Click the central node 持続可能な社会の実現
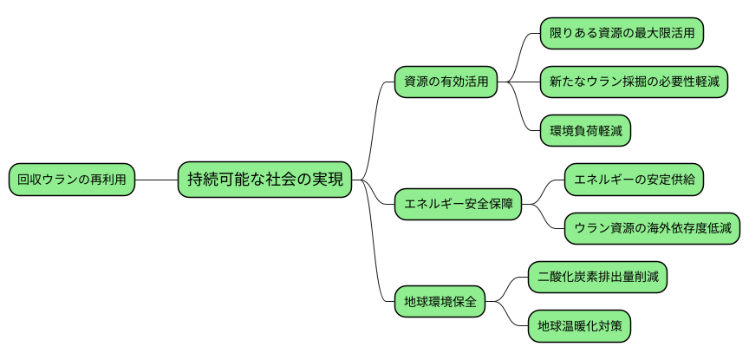tap(265, 180)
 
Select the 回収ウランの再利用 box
tap(73, 180)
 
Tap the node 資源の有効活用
tap(446, 82)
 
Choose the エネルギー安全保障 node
tap(458, 206)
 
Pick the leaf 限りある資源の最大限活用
tap(622, 33)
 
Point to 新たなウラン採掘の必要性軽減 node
tap(633, 82)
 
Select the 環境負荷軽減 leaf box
tap(585, 131)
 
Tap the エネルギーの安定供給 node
tap(634, 180)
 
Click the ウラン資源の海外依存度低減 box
tap(652, 230)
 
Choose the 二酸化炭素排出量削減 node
tap(598, 278)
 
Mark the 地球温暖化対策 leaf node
tap(579, 327)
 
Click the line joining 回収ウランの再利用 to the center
tap(157, 180)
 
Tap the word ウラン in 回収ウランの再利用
tap(58, 180)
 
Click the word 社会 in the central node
tap(284, 180)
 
